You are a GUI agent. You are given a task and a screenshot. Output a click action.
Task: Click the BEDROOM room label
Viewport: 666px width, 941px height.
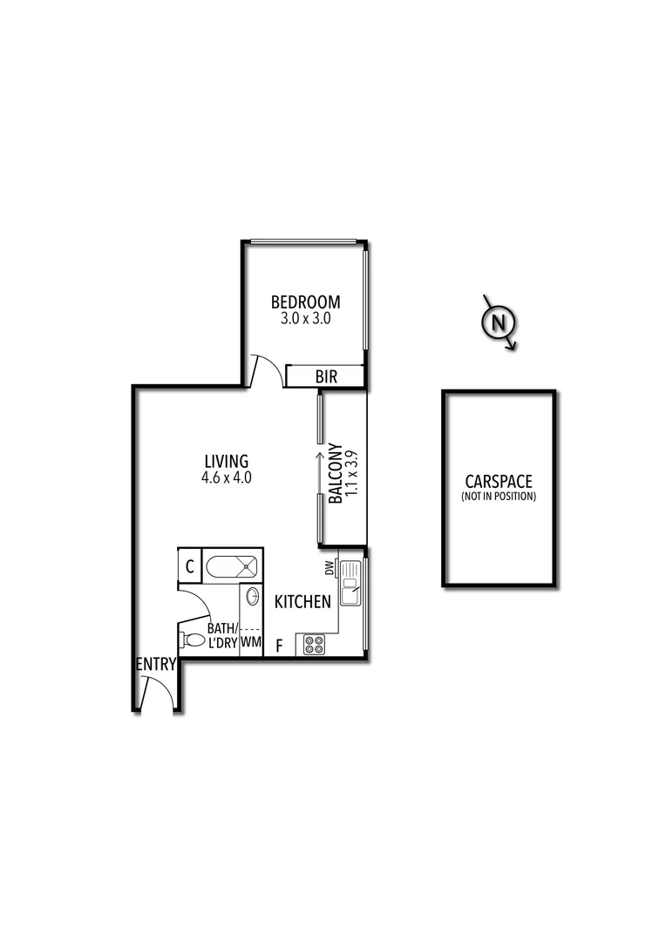305,302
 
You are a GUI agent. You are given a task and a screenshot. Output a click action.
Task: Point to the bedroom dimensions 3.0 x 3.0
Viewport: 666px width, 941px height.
305,319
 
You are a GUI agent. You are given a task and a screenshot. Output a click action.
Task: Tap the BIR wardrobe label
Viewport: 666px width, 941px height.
326,376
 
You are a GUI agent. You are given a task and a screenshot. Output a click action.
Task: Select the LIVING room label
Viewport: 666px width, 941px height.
227,461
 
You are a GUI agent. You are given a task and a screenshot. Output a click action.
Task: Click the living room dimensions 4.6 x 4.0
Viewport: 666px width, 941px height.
227,477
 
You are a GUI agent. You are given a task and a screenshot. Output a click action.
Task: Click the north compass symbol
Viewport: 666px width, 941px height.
499,322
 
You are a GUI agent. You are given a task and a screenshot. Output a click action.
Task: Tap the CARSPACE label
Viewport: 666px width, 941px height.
499,481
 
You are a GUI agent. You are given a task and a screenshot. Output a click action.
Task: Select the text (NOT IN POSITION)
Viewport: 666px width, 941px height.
499,497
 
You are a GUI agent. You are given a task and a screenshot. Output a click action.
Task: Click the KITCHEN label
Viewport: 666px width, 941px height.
302,601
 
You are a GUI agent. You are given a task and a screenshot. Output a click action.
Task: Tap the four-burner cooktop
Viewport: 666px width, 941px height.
313,645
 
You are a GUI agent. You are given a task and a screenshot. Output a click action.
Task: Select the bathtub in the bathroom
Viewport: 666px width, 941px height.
233,566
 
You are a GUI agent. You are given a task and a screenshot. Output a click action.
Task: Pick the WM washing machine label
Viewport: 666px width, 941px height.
251,643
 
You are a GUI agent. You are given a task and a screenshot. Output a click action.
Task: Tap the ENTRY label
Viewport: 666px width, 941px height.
156,665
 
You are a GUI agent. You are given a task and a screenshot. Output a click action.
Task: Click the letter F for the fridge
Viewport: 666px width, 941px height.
279,646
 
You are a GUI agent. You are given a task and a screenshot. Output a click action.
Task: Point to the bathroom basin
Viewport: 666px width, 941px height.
252,598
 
